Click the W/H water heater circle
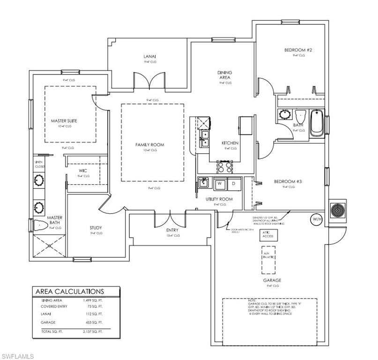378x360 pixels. coord(317,219)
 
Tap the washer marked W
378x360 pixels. coord(219,183)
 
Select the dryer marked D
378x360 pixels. coord(233,183)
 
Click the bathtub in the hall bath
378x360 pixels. coord(317,123)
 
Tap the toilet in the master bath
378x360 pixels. coord(41,225)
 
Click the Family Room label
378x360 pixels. coord(150,145)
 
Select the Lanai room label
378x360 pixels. coord(149,57)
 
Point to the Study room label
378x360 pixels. coord(96,228)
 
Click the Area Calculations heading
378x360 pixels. coord(69,292)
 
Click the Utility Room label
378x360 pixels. coord(219,199)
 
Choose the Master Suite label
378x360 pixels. coord(64,120)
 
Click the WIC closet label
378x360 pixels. coord(83,171)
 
